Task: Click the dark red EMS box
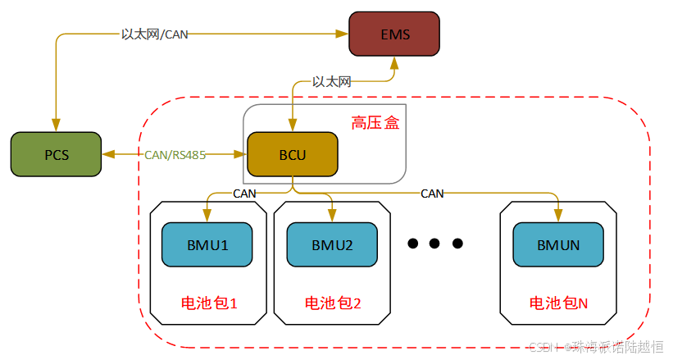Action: [394, 34]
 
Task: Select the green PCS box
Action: [56, 154]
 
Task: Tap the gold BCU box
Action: [292, 154]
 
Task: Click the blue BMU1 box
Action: [207, 244]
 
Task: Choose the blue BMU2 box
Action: [331, 244]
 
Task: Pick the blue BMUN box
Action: [557, 244]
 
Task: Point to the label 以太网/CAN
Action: [155, 34]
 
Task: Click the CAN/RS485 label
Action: [175, 154]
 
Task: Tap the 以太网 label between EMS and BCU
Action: [331, 82]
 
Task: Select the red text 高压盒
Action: [375, 123]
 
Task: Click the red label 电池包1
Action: [208, 303]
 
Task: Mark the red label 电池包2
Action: [333, 303]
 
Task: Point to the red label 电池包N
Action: [558, 303]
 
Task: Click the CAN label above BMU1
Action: [244, 194]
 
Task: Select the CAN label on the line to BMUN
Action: [432, 194]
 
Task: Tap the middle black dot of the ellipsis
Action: [435, 244]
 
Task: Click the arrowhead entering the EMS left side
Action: [343, 34]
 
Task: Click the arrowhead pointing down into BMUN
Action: [558, 217]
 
